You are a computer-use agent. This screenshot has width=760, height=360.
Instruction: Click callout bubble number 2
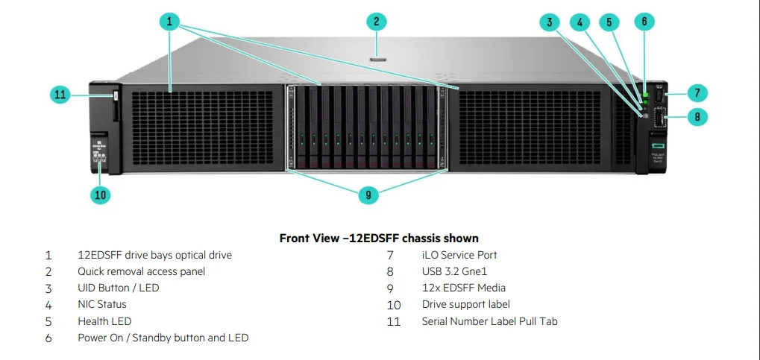[x=377, y=22]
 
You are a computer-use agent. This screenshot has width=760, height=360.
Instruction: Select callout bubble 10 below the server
[x=101, y=195]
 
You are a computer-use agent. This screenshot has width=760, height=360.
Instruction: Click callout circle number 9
[x=368, y=195]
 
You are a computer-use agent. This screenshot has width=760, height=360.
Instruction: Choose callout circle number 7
[x=697, y=93]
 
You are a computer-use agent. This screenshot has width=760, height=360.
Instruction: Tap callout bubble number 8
[x=697, y=117]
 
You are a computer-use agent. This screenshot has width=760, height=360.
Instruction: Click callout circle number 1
[x=170, y=22]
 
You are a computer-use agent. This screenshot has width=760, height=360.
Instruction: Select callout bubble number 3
[x=550, y=22]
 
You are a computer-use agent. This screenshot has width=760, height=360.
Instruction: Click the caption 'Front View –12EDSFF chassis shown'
[x=379, y=239]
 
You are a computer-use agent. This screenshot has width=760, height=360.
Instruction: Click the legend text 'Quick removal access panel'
[x=141, y=271]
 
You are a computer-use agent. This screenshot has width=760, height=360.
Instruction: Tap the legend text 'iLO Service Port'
[x=459, y=255]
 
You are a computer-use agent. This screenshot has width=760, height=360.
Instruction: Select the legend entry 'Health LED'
[x=104, y=321]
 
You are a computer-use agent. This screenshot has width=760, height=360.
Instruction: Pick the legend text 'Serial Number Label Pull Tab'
[x=489, y=321]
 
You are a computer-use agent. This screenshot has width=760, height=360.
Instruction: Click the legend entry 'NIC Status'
[x=102, y=304]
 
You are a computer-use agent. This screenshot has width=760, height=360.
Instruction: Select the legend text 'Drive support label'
[x=466, y=304]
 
